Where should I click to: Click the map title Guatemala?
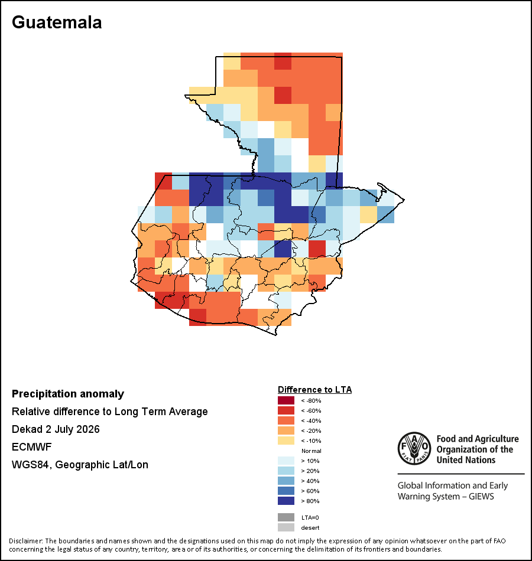point(57,22)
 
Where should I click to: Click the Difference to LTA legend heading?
point(314,390)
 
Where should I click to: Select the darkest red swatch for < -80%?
point(286,400)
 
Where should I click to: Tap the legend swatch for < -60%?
point(286,410)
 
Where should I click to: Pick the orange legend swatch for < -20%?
point(286,430)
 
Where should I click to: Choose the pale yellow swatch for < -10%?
point(286,441)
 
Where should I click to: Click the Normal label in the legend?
point(312,451)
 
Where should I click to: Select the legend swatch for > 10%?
point(286,461)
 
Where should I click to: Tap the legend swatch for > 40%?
point(286,481)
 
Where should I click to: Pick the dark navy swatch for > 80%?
point(286,501)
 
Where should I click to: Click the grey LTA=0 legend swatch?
point(286,517)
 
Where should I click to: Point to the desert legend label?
point(310,528)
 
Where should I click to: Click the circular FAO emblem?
point(414,448)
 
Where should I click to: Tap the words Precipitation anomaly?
point(68,394)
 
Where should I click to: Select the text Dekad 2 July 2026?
point(56,429)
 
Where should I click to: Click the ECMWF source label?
point(32,447)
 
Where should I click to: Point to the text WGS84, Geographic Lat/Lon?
point(80,465)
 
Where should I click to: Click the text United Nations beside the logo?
point(466,460)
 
